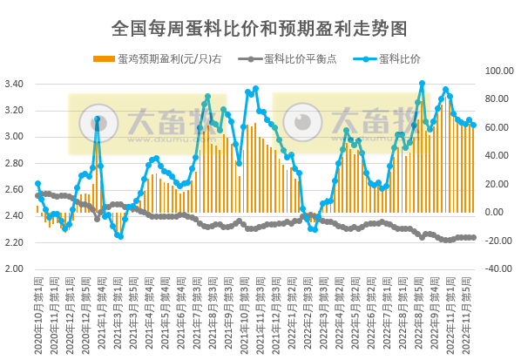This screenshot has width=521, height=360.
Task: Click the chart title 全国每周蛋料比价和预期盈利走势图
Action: (260, 29)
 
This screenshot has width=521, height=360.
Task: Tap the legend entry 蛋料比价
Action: (400, 59)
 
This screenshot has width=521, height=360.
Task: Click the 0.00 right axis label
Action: (494, 212)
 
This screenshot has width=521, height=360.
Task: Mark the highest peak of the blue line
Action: (422, 84)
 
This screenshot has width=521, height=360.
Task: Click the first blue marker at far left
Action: (37, 184)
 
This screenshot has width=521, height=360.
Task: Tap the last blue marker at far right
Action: (473, 125)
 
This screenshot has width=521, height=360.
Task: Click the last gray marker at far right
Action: (473, 237)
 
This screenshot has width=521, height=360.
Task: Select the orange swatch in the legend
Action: (104, 59)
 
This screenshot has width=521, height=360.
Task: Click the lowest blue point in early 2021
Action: (119, 236)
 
